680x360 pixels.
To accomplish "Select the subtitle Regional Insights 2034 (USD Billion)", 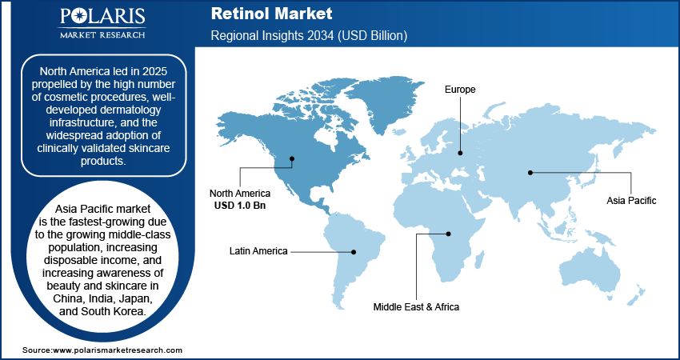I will click(x=309, y=36).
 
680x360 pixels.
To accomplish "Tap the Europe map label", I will click(x=460, y=90).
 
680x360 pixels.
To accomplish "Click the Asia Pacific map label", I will click(x=631, y=201).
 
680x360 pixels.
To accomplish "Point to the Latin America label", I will click(x=258, y=251).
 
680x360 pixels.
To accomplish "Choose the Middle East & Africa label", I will click(x=416, y=306).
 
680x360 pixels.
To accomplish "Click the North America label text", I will click(x=240, y=194).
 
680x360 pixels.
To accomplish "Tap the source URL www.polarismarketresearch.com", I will click(x=117, y=350).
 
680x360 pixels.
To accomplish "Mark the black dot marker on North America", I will click(x=293, y=158).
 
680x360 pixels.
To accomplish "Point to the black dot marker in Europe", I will click(x=460, y=153).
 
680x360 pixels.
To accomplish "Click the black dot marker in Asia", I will click(x=530, y=171).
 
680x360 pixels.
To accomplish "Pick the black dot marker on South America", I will click(x=354, y=251).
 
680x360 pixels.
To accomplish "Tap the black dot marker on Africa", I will click(x=449, y=234).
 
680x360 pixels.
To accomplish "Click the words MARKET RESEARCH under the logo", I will click(x=101, y=34).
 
